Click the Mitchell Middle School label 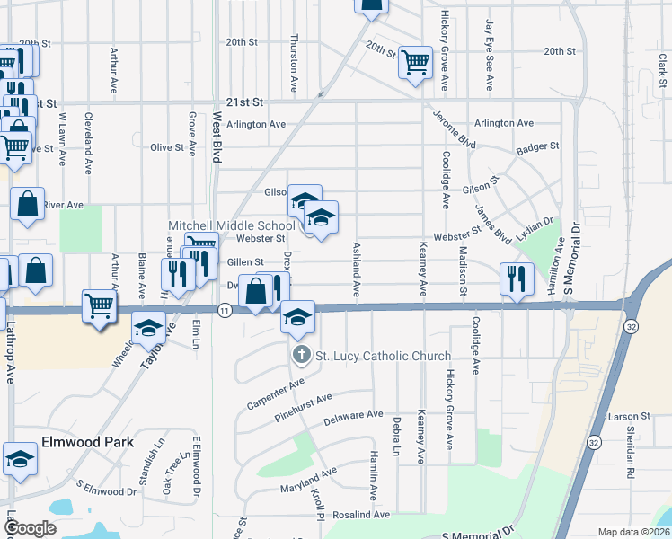point(232,225)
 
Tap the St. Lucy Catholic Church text point(382,356)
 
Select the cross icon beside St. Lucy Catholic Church point(301,356)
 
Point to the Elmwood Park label point(87,442)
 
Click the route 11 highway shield point(225,309)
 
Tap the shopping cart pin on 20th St point(415,62)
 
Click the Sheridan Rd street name point(632,457)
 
